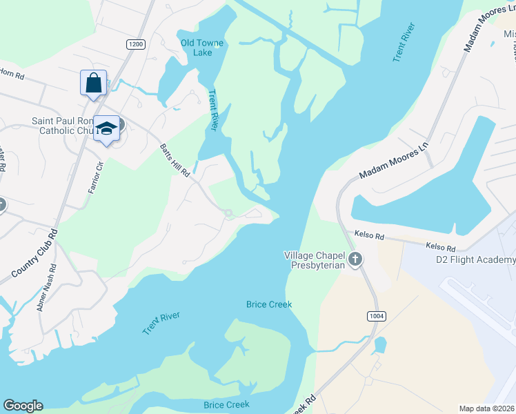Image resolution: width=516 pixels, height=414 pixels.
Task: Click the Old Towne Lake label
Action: tap(202, 48)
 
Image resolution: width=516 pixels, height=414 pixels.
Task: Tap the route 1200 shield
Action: tap(135, 44)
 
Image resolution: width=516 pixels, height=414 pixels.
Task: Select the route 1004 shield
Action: tap(375, 316)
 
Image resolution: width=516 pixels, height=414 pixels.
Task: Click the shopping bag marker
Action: tap(93, 83)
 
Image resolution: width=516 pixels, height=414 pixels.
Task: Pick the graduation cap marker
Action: tap(106, 128)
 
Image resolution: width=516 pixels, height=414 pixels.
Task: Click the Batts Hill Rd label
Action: tap(175, 160)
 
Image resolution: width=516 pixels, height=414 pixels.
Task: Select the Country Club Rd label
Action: tap(35, 250)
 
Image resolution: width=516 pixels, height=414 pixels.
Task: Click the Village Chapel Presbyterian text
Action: tap(314, 260)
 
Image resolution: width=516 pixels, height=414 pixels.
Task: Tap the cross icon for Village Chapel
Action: tap(355, 259)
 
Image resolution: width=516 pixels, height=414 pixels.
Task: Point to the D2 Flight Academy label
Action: tap(475, 259)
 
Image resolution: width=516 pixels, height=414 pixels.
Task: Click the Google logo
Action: tap(23, 406)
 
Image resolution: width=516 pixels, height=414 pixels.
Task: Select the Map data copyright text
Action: tap(486, 408)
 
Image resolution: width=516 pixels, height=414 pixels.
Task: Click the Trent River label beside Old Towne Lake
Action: tap(213, 110)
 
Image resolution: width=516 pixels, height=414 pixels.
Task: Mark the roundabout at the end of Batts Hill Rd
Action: tap(228, 214)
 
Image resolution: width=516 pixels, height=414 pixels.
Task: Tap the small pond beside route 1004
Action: tap(379, 344)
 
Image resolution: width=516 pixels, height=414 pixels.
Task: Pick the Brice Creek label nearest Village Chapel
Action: tap(269, 304)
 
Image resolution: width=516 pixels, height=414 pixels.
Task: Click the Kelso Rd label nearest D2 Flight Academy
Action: tap(440, 246)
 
